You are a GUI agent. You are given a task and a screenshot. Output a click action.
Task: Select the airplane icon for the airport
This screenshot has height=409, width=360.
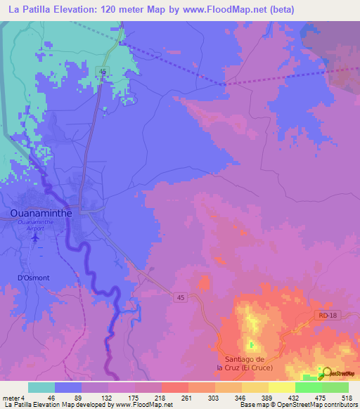coord(36,238)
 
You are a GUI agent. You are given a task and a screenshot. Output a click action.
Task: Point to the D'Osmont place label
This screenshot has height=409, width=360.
coord(34,278)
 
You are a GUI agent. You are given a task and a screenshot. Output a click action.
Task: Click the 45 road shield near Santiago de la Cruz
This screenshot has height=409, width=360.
coord(180,299)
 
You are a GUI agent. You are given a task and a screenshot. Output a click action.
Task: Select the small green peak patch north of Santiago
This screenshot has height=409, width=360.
coord(251,344)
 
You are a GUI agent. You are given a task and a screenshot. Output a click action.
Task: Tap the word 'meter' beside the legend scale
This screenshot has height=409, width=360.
coord(11,397)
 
